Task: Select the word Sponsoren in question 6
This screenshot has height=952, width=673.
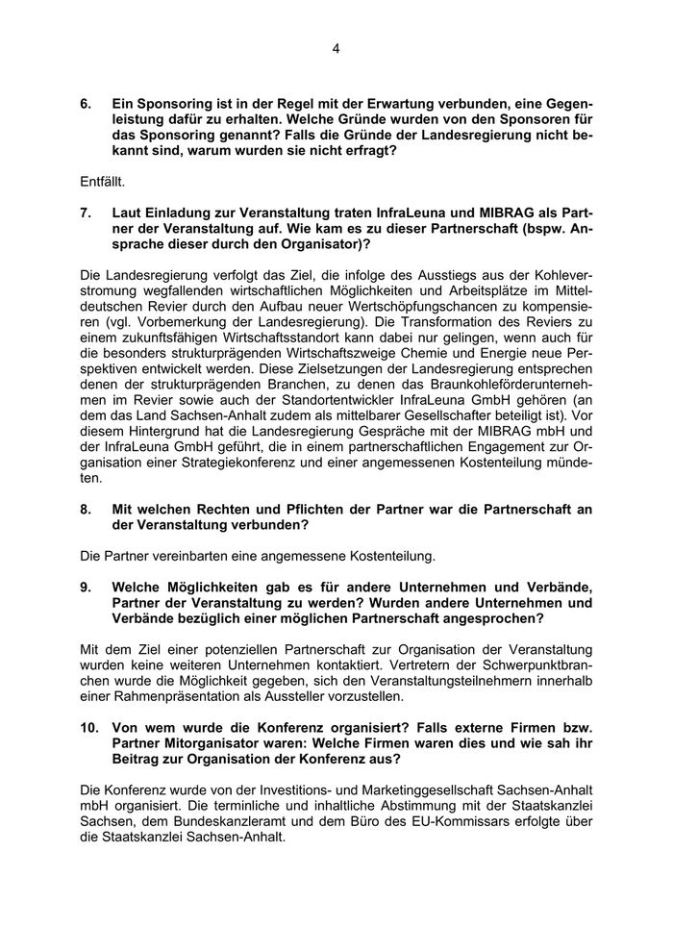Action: point(505,119)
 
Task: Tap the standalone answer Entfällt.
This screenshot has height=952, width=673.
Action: point(103,180)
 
